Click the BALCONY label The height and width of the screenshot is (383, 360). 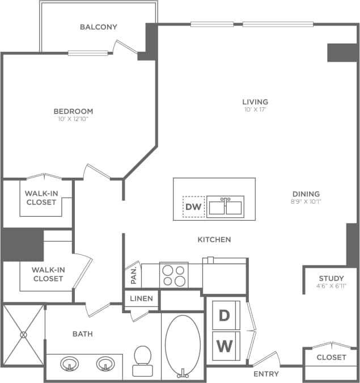point(98,27)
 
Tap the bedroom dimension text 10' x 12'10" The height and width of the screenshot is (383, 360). point(73,119)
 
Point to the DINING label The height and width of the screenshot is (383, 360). point(306,193)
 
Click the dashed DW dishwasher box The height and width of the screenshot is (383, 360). point(193,207)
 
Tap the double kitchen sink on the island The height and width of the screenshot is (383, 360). point(225,207)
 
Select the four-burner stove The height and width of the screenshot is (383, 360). point(173,275)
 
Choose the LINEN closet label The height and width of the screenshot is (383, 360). point(142,298)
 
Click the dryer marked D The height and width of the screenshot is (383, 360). point(225,316)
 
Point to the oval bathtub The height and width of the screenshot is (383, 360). point(182,345)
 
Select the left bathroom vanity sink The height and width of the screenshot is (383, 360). point(70,363)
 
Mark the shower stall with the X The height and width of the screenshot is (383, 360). point(23,335)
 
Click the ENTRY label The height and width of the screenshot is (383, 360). point(266,373)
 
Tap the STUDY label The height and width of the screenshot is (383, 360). point(331,278)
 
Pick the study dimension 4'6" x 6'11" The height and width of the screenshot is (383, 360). point(331,286)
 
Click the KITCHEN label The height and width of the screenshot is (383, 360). point(214,239)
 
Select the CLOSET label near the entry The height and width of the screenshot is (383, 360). point(331,357)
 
